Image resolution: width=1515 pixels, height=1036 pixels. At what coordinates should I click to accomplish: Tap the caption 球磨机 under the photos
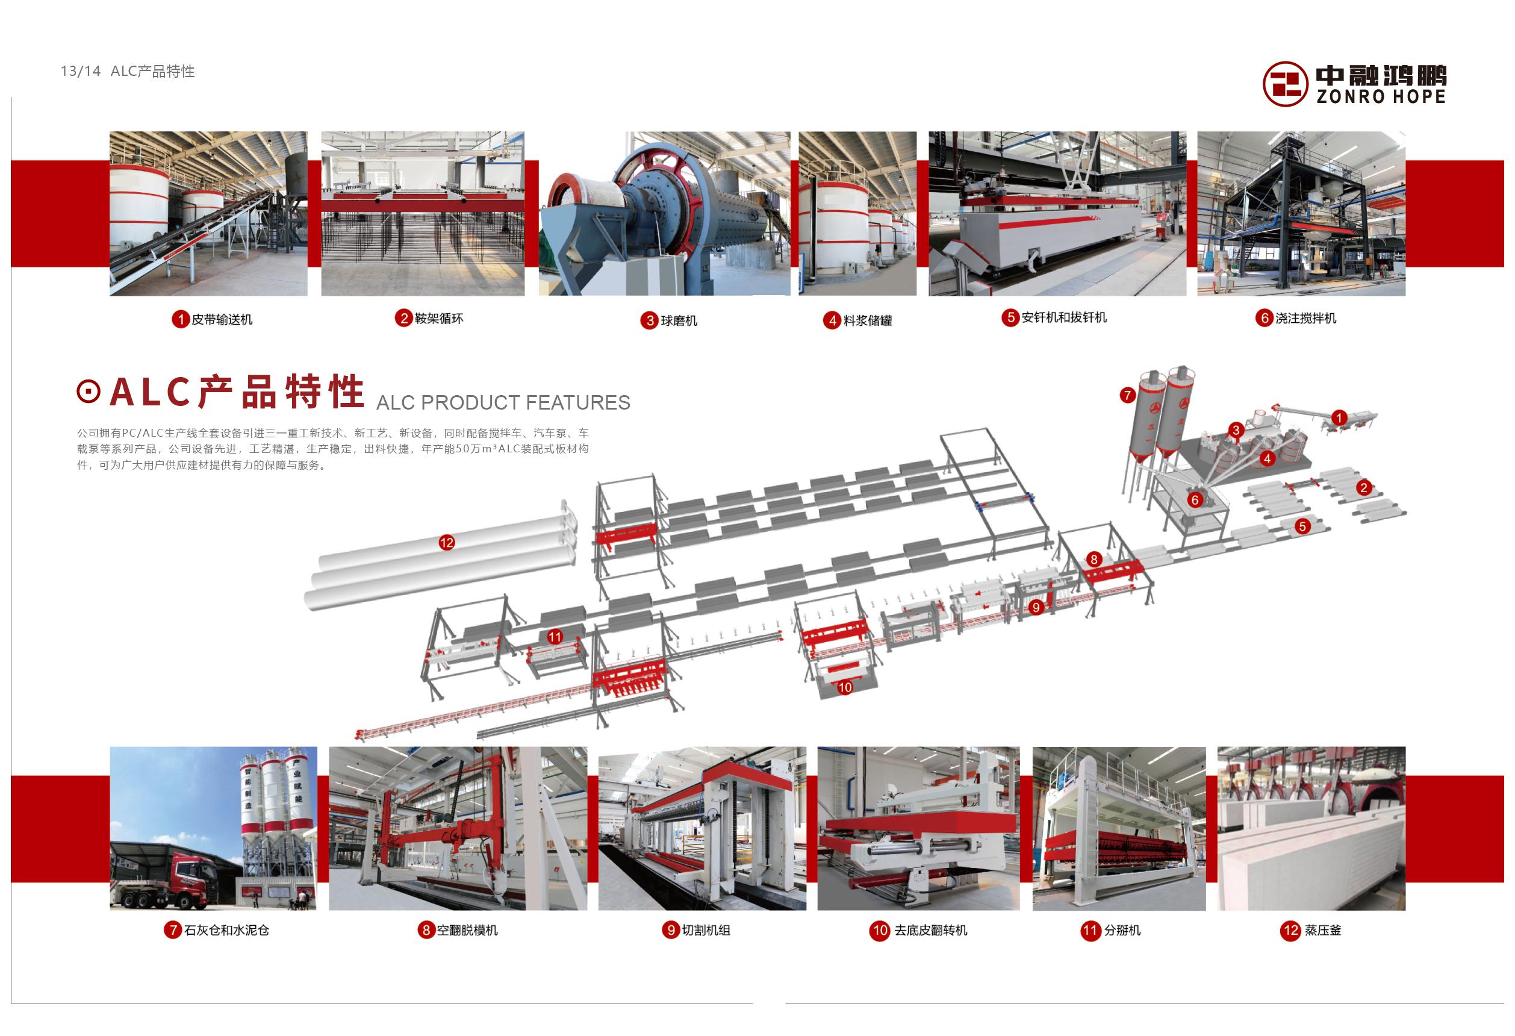(x=679, y=321)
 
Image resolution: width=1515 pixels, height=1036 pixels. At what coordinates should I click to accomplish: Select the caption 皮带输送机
(x=222, y=319)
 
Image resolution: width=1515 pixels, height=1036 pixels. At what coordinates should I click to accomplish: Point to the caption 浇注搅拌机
(x=1305, y=318)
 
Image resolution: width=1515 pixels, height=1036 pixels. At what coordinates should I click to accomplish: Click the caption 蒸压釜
(x=1323, y=931)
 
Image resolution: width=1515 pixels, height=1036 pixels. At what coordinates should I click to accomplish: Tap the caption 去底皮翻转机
(x=931, y=931)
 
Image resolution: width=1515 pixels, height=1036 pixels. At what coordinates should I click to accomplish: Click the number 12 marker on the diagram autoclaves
(x=447, y=543)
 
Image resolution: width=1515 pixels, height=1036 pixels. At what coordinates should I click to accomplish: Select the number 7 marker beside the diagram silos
(x=1128, y=395)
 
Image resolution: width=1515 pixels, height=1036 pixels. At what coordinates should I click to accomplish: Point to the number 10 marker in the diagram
(x=845, y=687)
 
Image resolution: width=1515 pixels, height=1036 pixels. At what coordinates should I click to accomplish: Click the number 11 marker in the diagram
(x=555, y=637)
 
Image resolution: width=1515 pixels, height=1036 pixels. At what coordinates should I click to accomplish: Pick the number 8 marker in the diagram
(x=1094, y=559)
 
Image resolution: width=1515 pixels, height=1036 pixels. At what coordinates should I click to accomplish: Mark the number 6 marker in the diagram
(x=1195, y=500)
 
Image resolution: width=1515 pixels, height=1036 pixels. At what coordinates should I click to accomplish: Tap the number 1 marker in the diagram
(x=1339, y=418)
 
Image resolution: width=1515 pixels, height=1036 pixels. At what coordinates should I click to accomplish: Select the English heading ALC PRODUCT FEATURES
(x=503, y=403)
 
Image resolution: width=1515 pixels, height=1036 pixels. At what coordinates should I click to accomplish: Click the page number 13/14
(x=81, y=71)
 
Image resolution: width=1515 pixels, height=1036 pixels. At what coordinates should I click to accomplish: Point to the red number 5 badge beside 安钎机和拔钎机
(x=1010, y=317)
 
